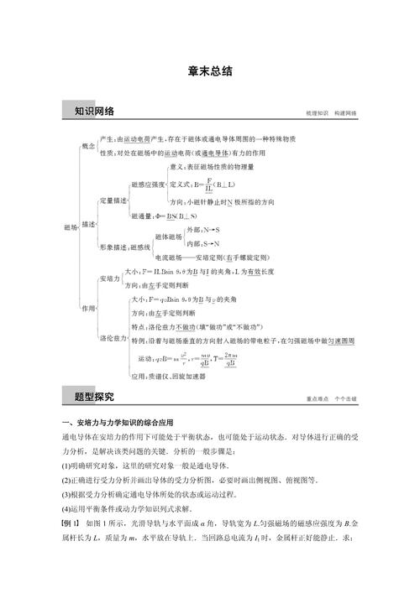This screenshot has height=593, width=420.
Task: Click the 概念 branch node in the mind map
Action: click(x=89, y=146)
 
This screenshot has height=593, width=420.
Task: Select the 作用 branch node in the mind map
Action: click(x=88, y=308)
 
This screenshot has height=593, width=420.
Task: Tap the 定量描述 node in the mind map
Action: click(x=113, y=201)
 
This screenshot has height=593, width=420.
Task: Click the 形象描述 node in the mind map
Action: click(x=113, y=247)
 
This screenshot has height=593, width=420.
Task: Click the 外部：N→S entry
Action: click(x=203, y=229)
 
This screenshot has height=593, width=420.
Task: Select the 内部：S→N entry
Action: click(x=203, y=243)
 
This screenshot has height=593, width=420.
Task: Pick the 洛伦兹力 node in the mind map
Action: click(x=113, y=338)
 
